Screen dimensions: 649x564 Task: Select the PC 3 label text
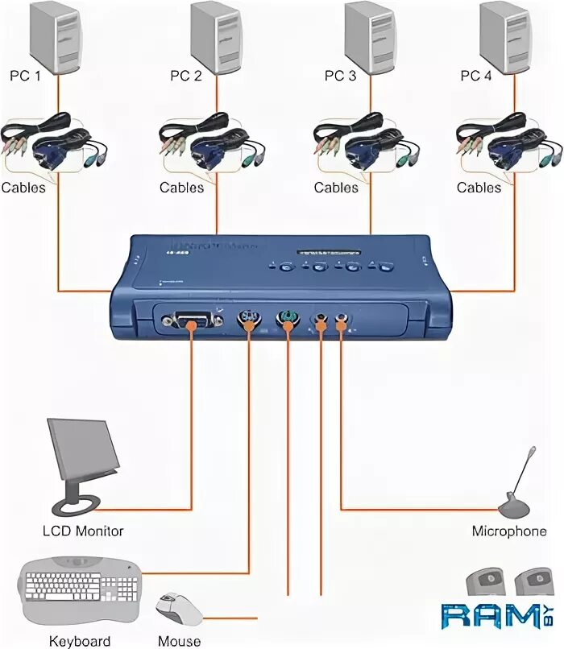(339, 76)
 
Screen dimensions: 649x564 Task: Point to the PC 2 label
(186, 76)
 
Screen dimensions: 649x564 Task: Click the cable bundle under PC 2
(214, 144)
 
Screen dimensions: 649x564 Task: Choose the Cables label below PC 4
(479, 188)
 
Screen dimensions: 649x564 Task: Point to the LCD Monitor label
(83, 531)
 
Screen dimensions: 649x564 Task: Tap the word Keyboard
(80, 641)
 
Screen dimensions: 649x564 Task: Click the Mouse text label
(180, 641)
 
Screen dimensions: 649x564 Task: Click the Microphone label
(509, 531)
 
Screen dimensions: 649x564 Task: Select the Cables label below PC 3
(336, 188)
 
